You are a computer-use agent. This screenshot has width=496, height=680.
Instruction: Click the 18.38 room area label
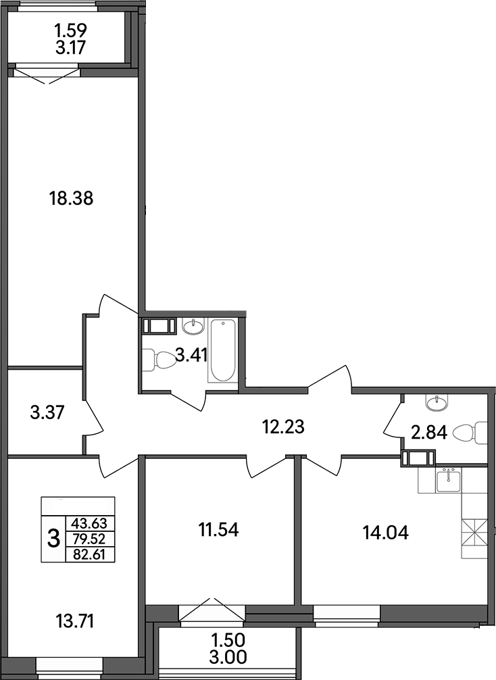click(70, 199)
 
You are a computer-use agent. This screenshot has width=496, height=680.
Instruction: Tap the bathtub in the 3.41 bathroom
click(222, 351)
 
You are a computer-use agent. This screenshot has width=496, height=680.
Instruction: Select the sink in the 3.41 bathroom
click(193, 326)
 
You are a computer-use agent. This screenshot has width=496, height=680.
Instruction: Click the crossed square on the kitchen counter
click(474, 531)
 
